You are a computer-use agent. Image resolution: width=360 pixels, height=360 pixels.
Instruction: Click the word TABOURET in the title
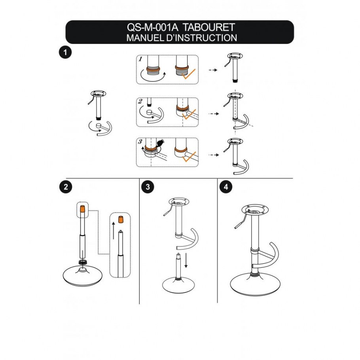click(x=209, y=27)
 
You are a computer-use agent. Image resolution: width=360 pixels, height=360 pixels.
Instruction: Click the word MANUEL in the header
click(x=145, y=38)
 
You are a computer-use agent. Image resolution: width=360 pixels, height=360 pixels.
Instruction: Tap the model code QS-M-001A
click(x=153, y=27)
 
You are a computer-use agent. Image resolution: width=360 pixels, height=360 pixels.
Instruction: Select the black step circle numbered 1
click(x=65, y=52)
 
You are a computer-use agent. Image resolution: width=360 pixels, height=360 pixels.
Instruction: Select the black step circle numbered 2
click(x=66, y=187)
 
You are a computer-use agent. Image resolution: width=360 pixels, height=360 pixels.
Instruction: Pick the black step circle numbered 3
click(x=148, y=187)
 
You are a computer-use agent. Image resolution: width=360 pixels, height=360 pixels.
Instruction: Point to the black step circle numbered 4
click(x=225, y=187)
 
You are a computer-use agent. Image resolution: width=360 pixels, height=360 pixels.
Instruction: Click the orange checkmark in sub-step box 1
click(x=188, y=74)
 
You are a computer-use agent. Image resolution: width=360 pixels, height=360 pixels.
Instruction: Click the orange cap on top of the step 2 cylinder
click(x=83, y=209)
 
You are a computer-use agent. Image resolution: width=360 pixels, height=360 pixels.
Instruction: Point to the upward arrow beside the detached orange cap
click(x=114, y=231)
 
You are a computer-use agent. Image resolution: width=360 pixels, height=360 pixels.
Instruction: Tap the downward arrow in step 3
click(x=186, y=260)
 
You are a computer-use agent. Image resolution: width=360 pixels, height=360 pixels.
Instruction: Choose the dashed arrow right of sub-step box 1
click(x=213, y=70)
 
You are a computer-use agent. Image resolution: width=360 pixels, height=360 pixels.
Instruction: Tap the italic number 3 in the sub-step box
click(x=140, y=142)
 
